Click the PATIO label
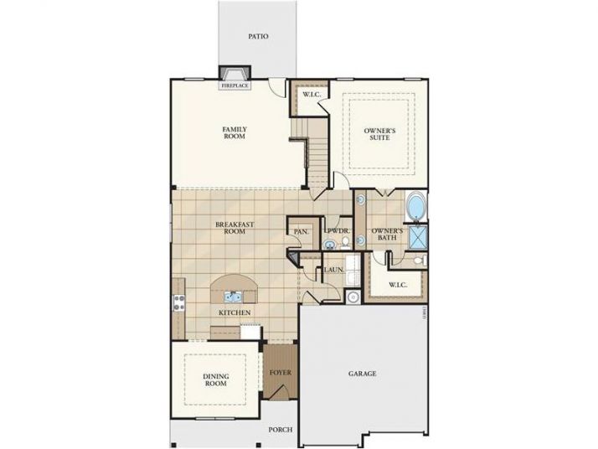coord(258,37)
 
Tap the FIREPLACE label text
coord(234,85)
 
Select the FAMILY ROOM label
coord(234,132)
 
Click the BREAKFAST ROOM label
coord(229,227)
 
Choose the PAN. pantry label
coord(300,231)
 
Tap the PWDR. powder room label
coord(337,230)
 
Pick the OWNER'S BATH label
coord(388,235)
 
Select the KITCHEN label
coord(235,312)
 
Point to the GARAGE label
coord(363,374)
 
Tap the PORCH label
coord(280,430)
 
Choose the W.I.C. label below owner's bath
coord(398,286)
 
